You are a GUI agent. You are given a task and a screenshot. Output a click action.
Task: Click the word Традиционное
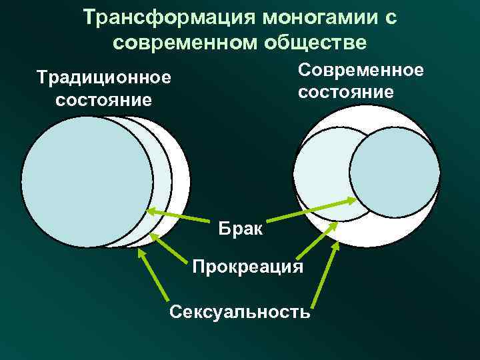pos(104,78)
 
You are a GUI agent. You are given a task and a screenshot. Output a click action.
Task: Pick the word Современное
pos(361,69)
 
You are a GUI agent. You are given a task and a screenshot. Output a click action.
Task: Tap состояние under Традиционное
pos(104,101)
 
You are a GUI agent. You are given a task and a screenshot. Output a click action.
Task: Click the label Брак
pos(241,230)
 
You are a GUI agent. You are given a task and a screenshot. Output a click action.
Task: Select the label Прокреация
pos(247,267)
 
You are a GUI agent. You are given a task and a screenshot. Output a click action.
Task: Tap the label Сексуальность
pos(240,311)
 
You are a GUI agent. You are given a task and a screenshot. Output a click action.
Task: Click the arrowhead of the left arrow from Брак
pos(151,211)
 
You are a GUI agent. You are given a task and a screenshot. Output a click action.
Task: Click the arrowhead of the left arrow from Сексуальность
pos(141,253)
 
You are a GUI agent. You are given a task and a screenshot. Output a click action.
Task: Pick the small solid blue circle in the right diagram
pos(395,171)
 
